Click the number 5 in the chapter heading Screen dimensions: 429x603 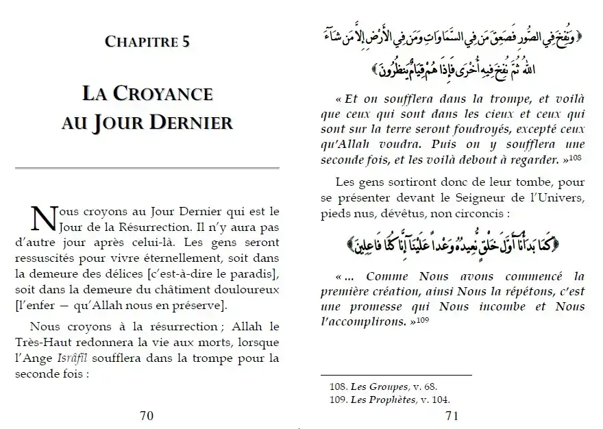(186, 42)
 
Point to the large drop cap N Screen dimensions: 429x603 (42, 218)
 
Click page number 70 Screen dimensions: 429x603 (147, 415)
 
